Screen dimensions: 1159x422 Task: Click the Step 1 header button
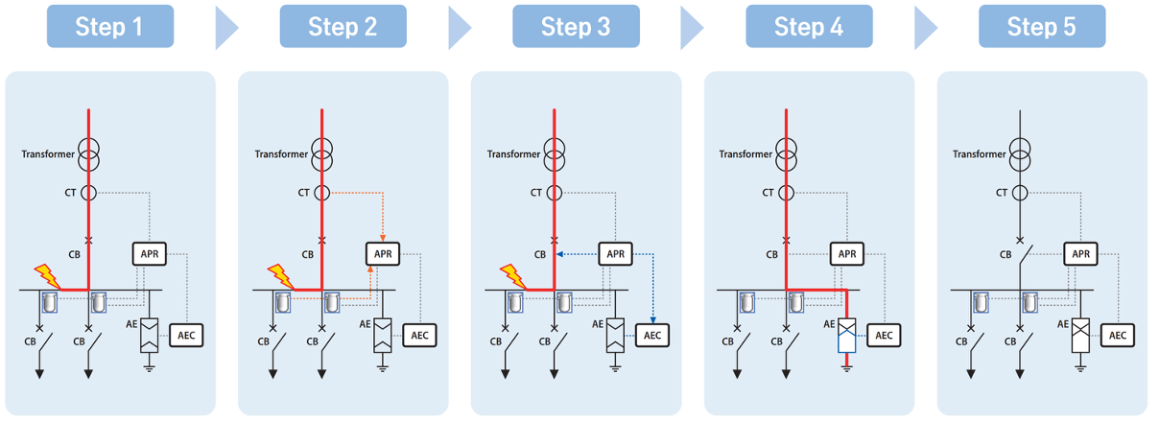[x=110, y=27]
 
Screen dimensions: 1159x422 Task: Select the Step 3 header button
[x=576, y=27]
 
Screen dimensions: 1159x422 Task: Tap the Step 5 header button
[x=1042, y=27]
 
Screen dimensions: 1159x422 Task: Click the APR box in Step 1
[x=150, y=254]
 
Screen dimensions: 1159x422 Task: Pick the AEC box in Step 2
[x=419, y=335]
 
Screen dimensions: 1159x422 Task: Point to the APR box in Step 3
[x=615, y=254]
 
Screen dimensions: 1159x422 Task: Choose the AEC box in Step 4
[x=884, y=335]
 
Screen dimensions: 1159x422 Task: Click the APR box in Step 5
[x=1080, y=254]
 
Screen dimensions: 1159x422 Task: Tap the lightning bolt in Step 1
[x=47, y=276]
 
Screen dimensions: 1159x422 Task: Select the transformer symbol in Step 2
[x=321, y=154]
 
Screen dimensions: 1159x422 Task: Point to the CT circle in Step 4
[x=786, y=193]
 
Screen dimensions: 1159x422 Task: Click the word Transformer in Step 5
[x=979, y=154]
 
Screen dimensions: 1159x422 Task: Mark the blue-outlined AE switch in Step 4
[x=846, y=335]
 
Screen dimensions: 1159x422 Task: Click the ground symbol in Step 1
[x=149, y=368]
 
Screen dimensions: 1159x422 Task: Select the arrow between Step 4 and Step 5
[x=924, y=28]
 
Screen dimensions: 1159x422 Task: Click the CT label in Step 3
[x=536, y=193]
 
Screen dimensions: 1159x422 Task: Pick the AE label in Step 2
[x=366, y=324]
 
